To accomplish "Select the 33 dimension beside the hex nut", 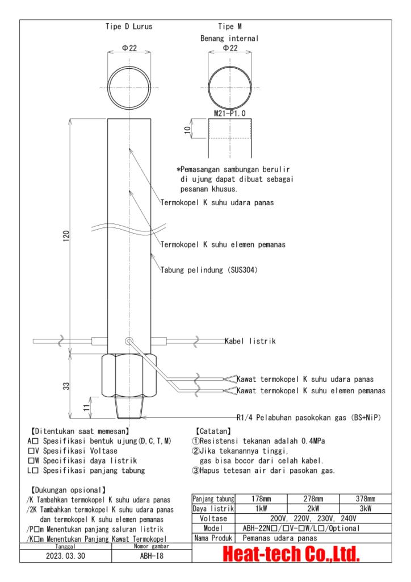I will pyautogui.click(x=66, y=386).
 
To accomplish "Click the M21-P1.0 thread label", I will pyautogui.click(x=229, y=114).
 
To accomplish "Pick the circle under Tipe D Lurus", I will pyautogui.click(x=129, y=88).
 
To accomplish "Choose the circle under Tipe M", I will pyautogui.click(x=229, y=88).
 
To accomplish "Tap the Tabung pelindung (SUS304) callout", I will pyautogui.click(x=209, y=270).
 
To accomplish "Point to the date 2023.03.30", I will pyautogui.click(x=66, y=556).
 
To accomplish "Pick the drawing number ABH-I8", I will pyautogui.click(x=152, y=556).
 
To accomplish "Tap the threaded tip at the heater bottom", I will pyautogui.click(x=129, y=408).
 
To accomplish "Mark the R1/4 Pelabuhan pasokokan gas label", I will pyautogui.click(x=308, y=417).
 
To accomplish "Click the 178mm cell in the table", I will pyautogui.click(x=254, y=499).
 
